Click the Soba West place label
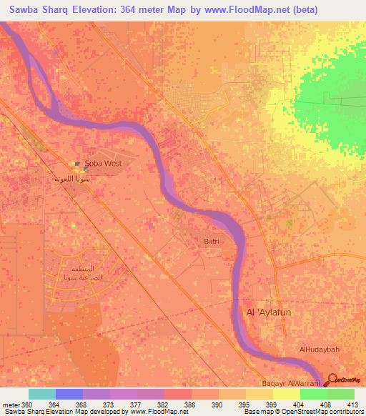[104, 163]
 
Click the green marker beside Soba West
[77, 163]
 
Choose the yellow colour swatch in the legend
[286, 394]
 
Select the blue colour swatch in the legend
[69, 394]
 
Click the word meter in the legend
[11, 405]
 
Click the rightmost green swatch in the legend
[340, 394]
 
